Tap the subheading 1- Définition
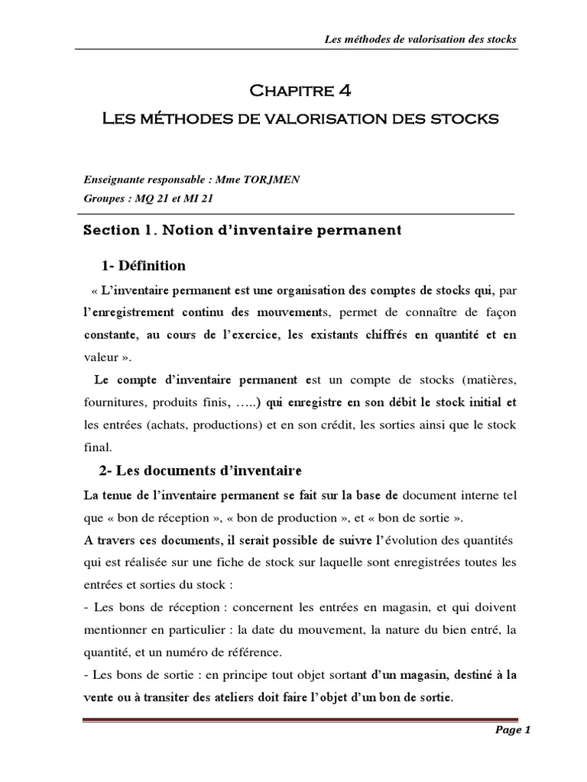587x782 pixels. [x=143, y=266]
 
